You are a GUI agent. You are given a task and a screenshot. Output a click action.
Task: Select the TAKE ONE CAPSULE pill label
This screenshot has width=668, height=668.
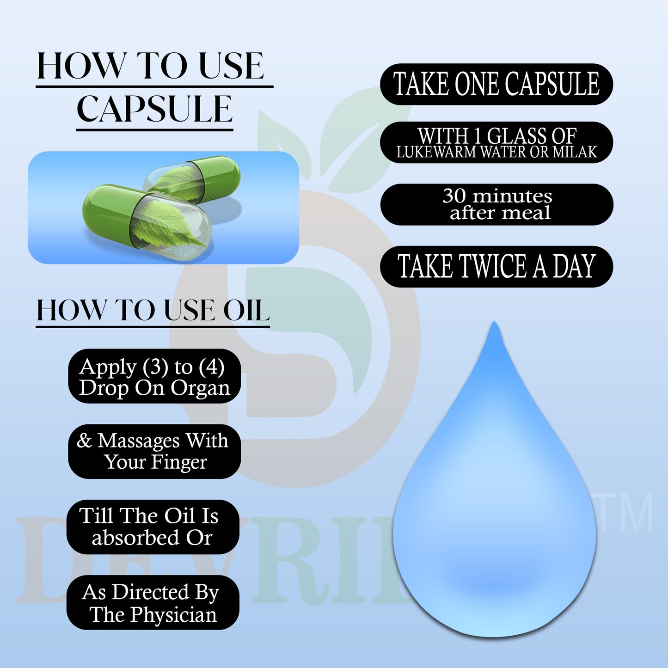[x=496, y=84]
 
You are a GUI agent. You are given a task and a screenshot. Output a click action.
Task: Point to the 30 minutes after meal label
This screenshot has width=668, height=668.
[x=497, y=204]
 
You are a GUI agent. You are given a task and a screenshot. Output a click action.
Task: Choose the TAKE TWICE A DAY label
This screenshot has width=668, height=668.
[x=496, y=266]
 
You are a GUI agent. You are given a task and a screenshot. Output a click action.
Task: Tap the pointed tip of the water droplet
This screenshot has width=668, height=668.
[x=494, y=325]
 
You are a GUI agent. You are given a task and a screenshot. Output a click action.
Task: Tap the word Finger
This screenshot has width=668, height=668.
[x=179, y=462]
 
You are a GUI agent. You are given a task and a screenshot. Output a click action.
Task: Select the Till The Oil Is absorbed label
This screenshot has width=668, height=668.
[x=153, y=527]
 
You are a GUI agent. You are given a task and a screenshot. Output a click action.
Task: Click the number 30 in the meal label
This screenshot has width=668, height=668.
[x=454, y=196]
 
